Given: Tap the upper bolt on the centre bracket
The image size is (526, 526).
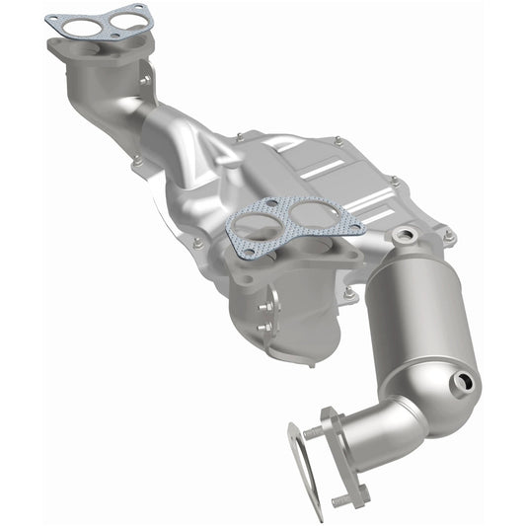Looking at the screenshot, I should [264, 302].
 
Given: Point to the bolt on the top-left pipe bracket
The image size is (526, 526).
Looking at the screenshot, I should [145, 78].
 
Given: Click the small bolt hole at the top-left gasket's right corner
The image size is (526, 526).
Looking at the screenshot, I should [143, 11].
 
